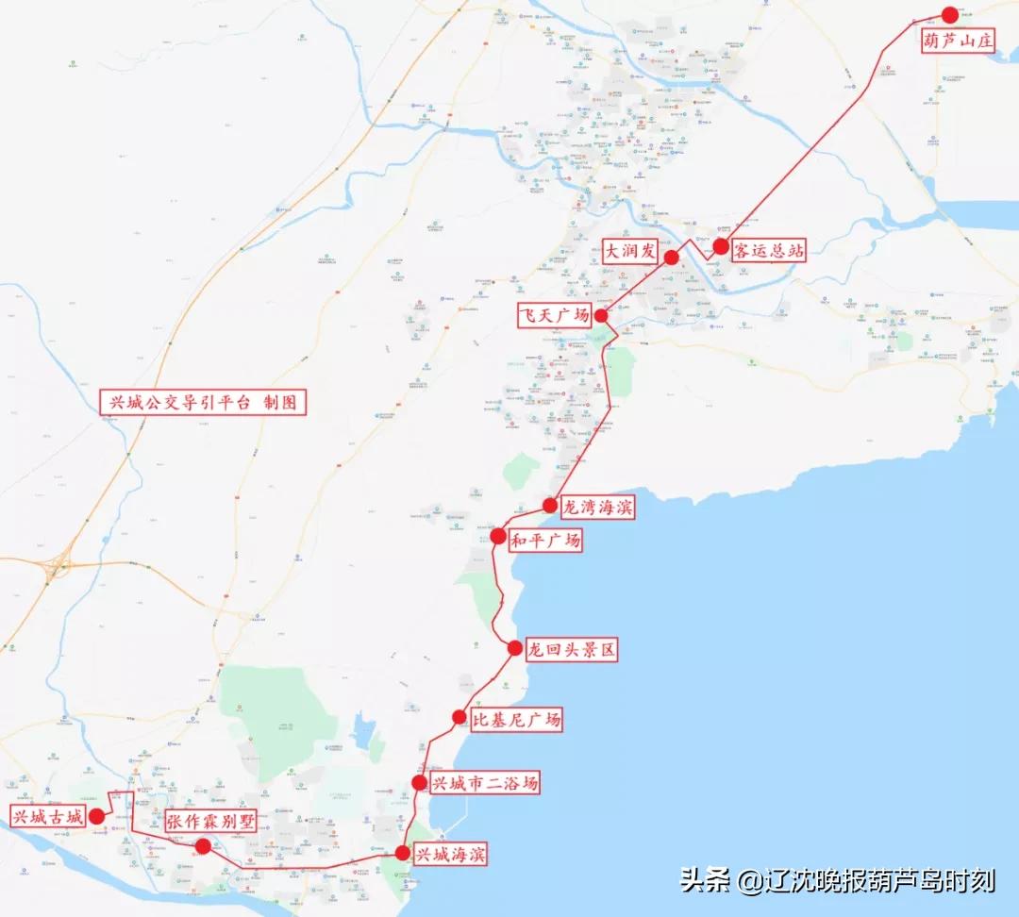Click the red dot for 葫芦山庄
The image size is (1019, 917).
(949, 15)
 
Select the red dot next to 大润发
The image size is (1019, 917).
(672, 258)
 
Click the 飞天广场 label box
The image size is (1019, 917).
(557, 315)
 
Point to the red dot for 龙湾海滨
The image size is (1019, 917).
(550, 505)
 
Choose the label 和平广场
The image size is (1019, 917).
(544, 541)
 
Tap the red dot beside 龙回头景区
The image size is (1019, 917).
(514, 648)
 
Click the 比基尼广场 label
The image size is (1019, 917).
(516, 720)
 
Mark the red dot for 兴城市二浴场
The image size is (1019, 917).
(420, 783)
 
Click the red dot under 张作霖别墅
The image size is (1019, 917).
(203, 846)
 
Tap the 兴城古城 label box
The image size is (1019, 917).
(47, 816)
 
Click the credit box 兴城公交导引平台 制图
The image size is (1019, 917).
(204, 403)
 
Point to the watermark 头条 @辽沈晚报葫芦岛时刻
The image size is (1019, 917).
(838, 881)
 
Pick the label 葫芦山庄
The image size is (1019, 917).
(959, 42)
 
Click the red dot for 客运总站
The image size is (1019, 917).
(721, 246)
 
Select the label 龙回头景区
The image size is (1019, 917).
(571, 650)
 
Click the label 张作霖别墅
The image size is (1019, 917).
(210, 821)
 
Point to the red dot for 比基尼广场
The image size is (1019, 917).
(459, 717)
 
